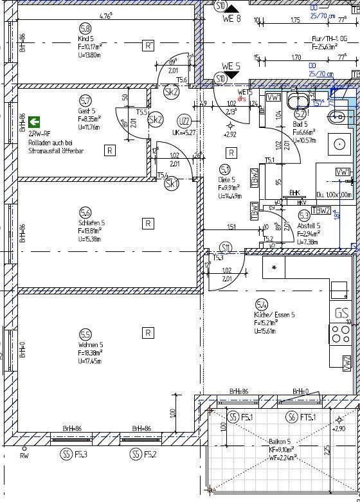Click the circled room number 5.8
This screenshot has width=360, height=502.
pyautogui.click(x=85, y=28)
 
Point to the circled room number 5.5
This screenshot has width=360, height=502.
pyautogui.click(x=85, y=334)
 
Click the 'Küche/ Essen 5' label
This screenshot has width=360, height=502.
pyautogui.click(x=274, y=316)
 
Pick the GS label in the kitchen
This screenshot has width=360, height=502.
pyautogui.click(x=341, y=314)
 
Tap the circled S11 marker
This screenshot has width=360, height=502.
pyautogui.click(x=225, y=247)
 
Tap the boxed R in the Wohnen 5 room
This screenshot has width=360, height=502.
pyautogui.click(x=147, y=332)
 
